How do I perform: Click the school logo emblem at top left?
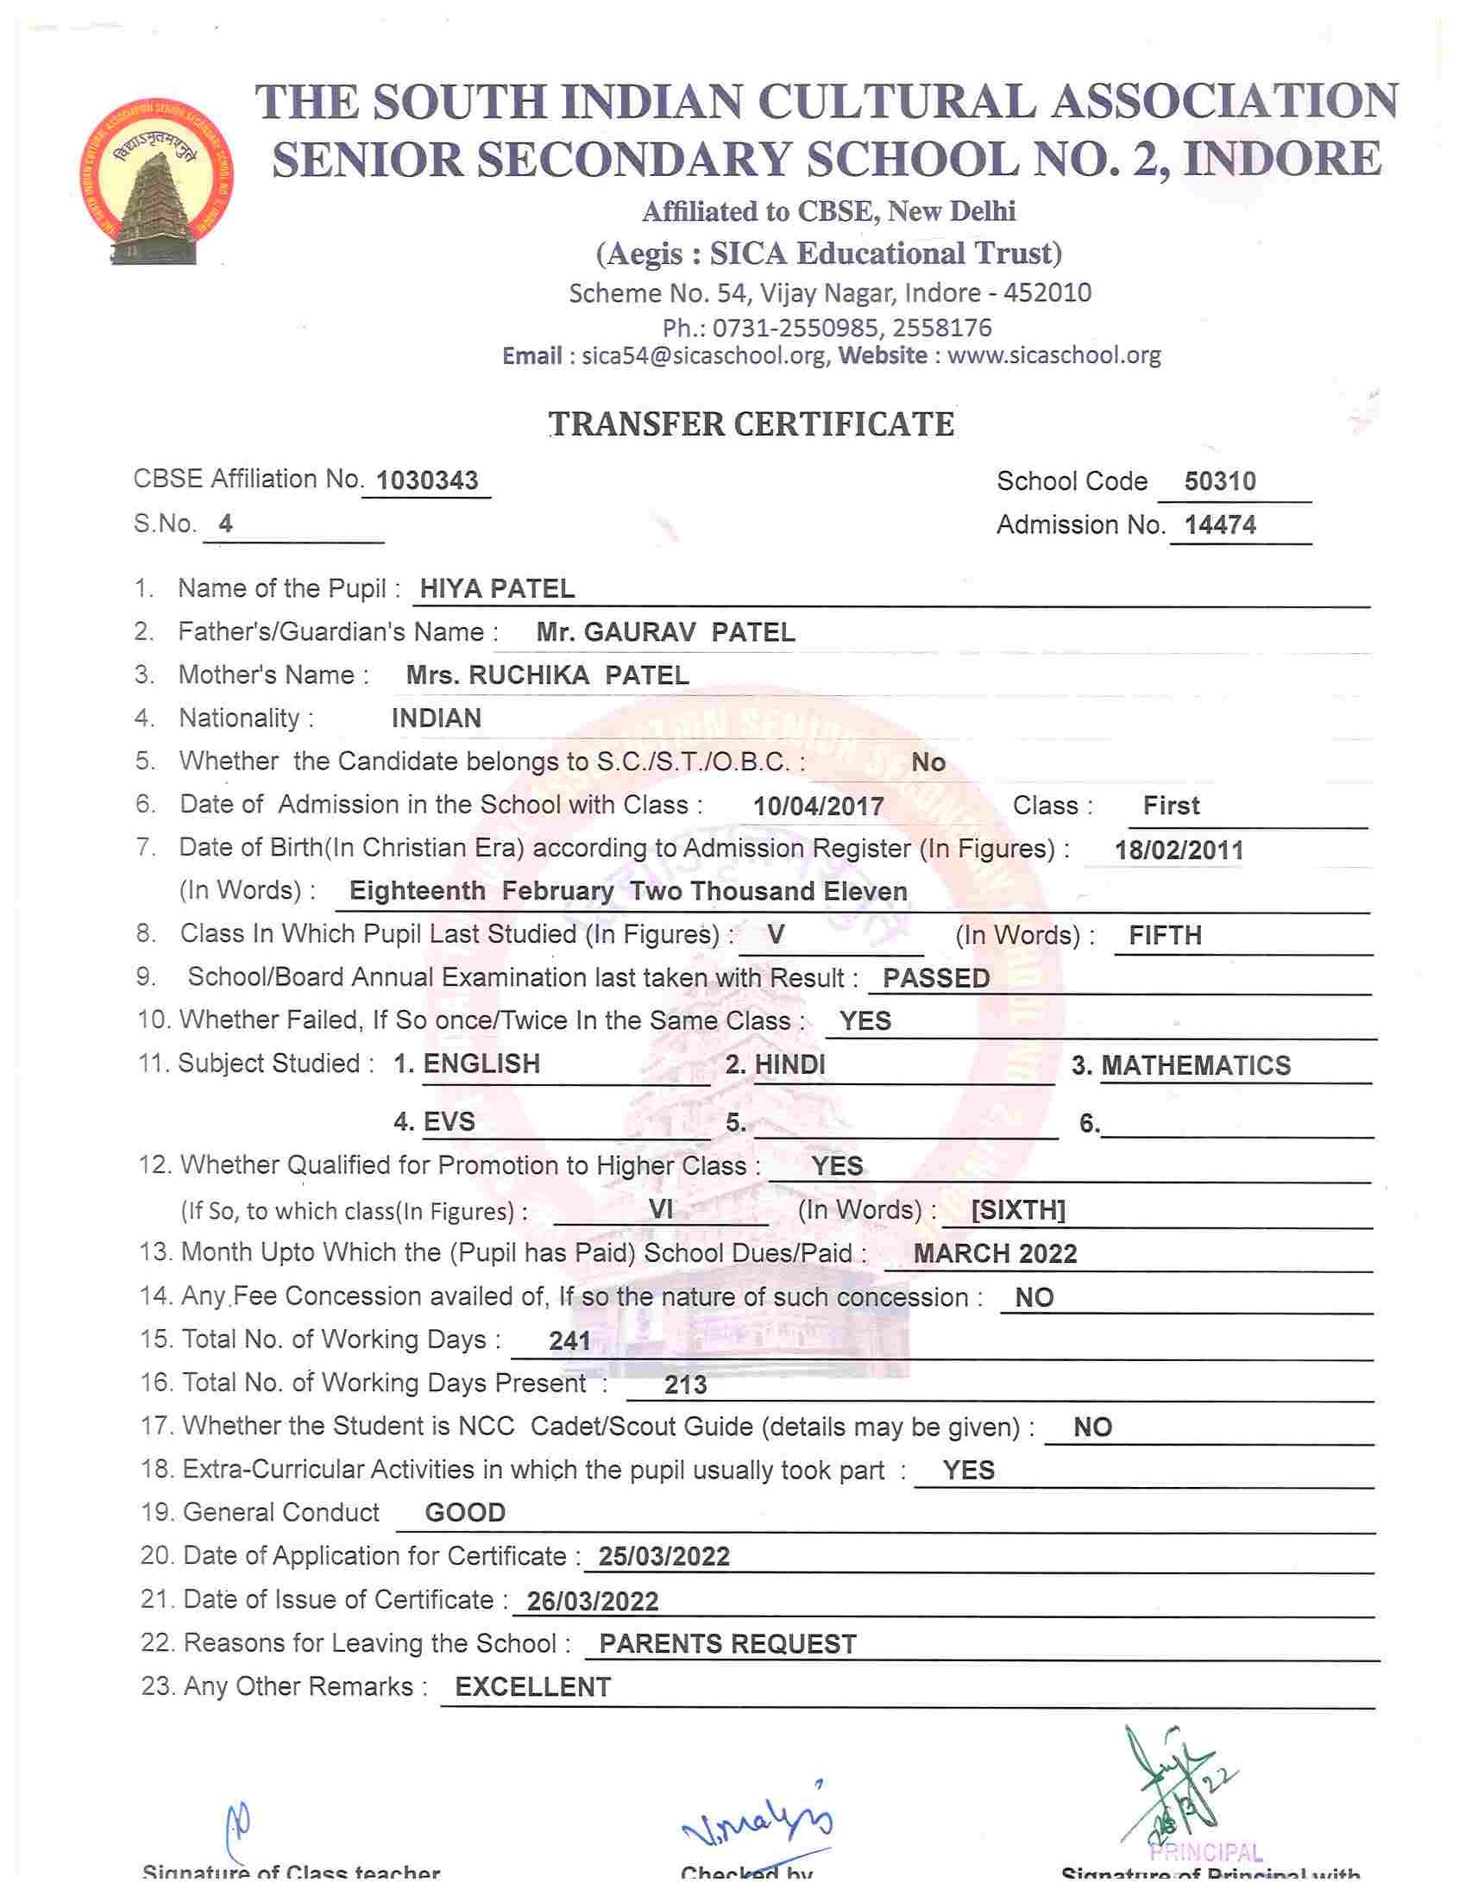(154, 180)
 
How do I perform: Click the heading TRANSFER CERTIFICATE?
(751, 424)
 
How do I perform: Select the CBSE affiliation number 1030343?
(427, 480)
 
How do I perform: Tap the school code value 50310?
(1219, 481)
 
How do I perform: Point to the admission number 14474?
(1220, 525)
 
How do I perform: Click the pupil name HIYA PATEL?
(497, 589)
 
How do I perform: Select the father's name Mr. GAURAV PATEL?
(665, 632)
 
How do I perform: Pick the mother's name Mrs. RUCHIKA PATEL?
(548, 676)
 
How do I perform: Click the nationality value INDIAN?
(437, 718)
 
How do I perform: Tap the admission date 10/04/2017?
(818, 806)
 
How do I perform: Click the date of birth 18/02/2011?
(1179, 850)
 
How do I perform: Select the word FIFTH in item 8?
(1165, 935)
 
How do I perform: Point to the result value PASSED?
(935, 979)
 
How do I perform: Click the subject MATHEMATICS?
(1196, 1065)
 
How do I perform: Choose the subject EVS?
(449, 1122)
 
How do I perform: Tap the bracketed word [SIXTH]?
(1017, 1209)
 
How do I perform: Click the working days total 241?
(569, 1341)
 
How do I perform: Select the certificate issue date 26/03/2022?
(592, 1601)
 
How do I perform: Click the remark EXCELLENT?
(533, 1687)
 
